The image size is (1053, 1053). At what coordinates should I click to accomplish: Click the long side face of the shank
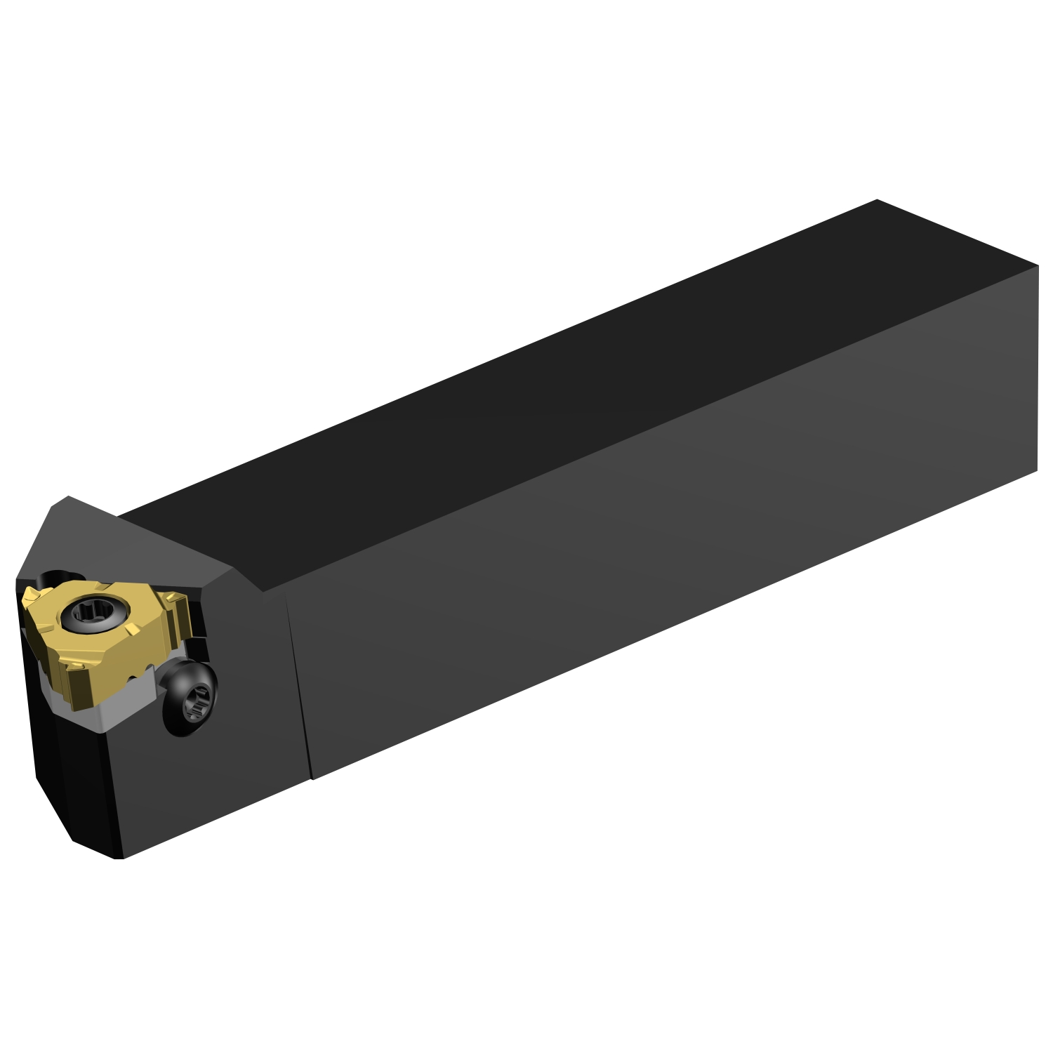tap(667, 562)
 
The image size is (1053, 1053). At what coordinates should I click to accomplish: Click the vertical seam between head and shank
tap(298, 688)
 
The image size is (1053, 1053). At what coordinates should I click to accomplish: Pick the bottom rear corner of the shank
tap(1037, 470)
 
